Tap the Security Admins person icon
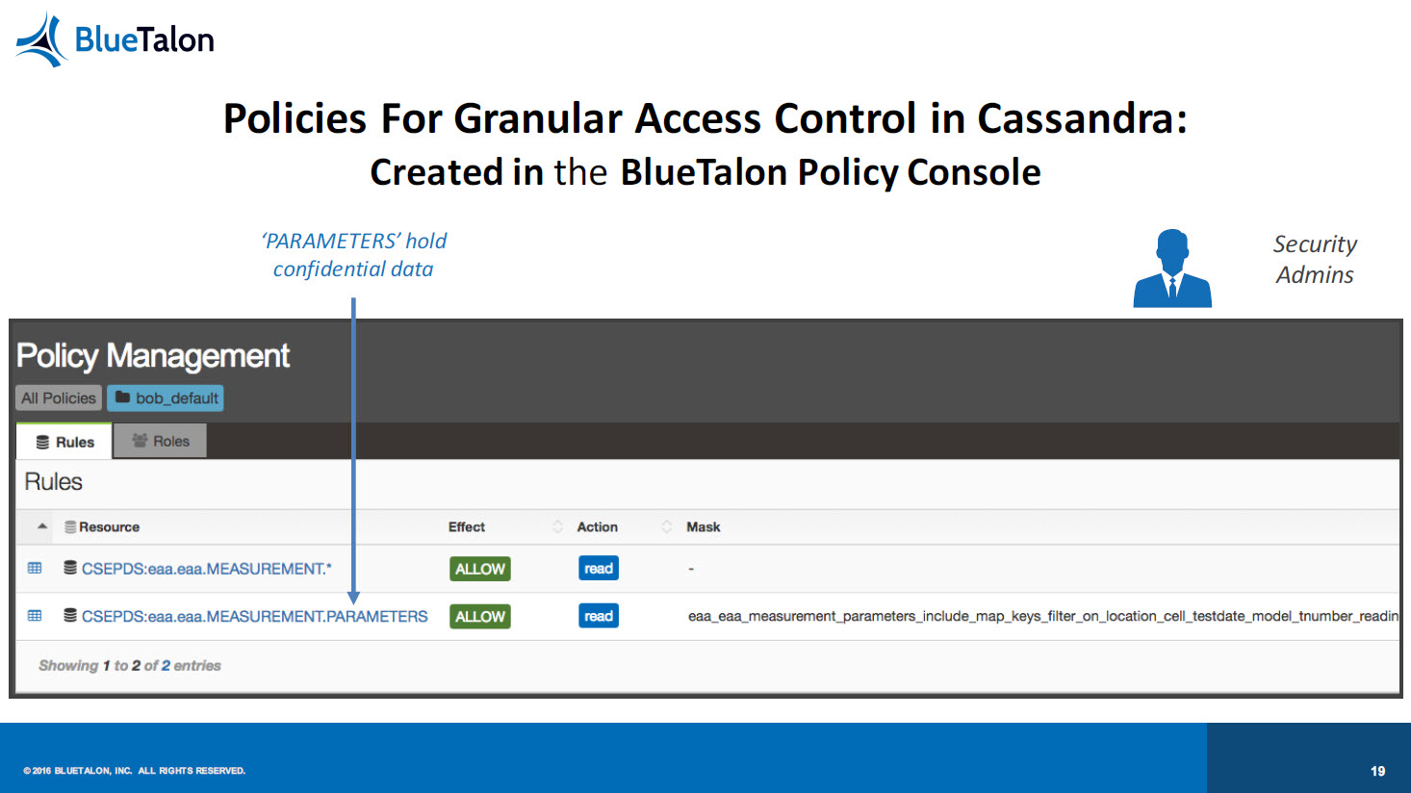(1172, 269)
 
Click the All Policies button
(59, 398)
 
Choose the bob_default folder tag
(166, 398)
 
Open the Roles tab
(160, 441)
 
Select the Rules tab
(64, 442)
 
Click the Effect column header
(466, 526)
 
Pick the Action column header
(597, 526)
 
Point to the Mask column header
(703, 526)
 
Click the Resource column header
(109, 526)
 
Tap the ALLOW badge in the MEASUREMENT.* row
(480, 569)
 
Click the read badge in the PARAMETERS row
(599, 616)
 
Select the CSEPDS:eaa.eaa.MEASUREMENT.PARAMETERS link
(254, 616)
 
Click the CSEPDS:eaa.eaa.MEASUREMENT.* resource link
(207, 569)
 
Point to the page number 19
(1377, 771)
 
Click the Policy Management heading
(153, 356)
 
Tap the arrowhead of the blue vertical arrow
(353, 597)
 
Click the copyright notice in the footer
(134, 771)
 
